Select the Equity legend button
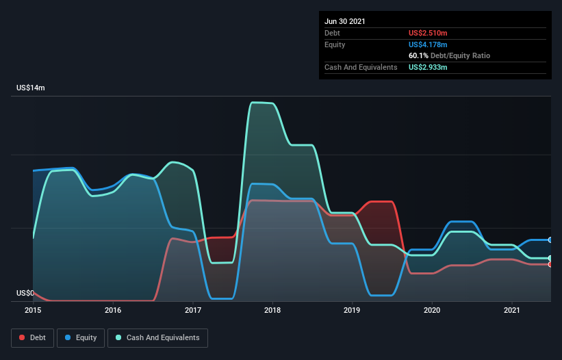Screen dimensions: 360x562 [x=81, y=337]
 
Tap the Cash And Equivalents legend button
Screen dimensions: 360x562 [x=157, y=337]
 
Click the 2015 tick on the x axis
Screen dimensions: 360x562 [x=33, y=311]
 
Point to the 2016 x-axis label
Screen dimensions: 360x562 [x=113, y=311]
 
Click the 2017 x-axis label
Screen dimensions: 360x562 [x=193, y=311]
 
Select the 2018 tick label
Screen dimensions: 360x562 [x=272, y=311]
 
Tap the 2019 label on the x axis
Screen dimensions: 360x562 [x=353, y=311]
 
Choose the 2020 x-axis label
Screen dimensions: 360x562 [x=432, y=311]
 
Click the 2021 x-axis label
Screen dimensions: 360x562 [x=512, y=311]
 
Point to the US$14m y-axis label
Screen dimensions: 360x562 [x=31, y=88]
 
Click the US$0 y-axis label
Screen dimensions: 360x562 [x=25, y=293]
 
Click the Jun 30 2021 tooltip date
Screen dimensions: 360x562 [x=345, y=21]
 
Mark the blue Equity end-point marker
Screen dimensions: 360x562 [x=550, y=240]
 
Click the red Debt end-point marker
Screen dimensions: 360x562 [x=550, y=264]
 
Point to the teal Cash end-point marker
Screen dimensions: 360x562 [x=550, y=258]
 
